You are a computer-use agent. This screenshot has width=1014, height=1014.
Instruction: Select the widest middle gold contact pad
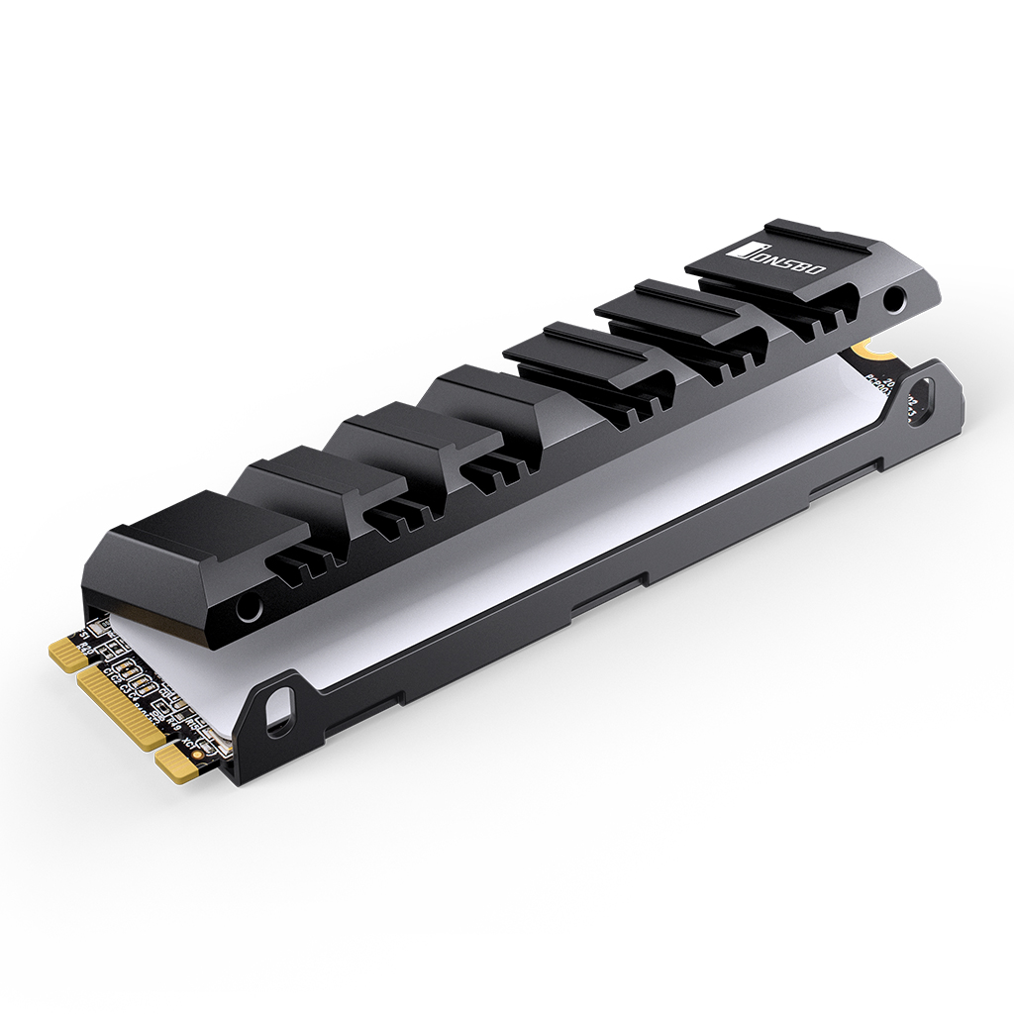coord(122,709)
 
